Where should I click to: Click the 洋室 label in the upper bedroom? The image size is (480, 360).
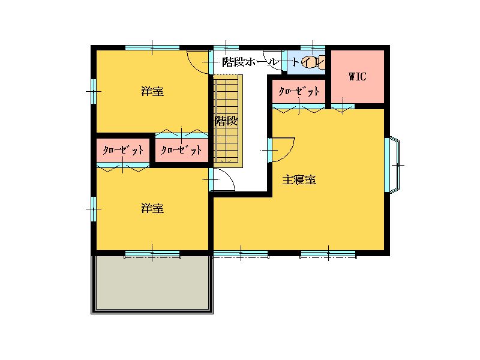click(152, 91)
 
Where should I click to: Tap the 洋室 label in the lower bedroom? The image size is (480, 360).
click(152, 208)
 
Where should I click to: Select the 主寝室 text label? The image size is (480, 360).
click(299, 179)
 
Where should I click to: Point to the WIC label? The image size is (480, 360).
click(357, 76)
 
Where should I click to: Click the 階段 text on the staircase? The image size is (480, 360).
click(226, 121)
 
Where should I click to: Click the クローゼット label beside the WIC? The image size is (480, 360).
click(299, 91)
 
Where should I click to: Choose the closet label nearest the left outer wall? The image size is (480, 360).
click(123, 151)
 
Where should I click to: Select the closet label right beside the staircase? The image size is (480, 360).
click(181, 151)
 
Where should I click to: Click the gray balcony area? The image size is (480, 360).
click(152, 283)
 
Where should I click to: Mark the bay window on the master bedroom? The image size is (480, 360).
click(395, 165)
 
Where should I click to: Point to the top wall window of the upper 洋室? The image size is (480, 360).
click(152, 47)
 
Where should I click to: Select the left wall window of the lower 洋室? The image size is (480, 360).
click(94, 209)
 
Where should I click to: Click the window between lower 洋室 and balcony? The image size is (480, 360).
click(152, 253)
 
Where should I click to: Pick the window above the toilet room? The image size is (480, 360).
click(313, 47)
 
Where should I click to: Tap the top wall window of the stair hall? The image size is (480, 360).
click(226, 47)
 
